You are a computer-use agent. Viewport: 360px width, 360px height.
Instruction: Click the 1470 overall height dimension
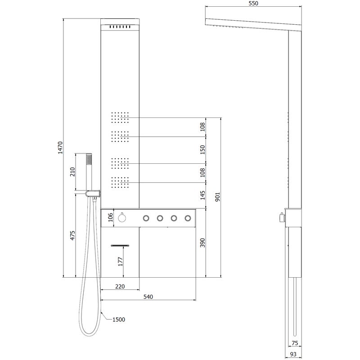[60, 148]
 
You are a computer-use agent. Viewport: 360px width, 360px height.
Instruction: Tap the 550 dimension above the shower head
[253, 3]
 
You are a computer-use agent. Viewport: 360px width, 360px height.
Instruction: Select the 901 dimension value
[217, 197]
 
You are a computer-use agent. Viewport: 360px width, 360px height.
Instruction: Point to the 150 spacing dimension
[202, 150]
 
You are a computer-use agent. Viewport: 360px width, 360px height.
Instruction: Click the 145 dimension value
[202, 195]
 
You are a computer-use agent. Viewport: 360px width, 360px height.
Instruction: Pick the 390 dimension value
[202, 243]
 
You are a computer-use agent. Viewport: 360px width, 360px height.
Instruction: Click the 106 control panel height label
[111, 217]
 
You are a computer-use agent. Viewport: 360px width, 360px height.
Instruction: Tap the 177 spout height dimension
[121, 261]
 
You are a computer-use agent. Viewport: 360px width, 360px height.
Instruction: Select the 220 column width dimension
[120, 286]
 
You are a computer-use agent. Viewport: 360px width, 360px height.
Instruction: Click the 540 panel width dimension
[148, 297]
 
